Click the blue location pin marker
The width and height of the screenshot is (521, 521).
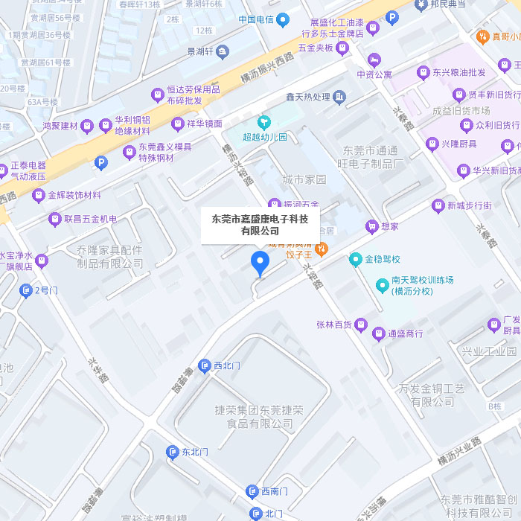click(x=260, y=263)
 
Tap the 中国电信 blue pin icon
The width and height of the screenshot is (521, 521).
click(x=283, y=20)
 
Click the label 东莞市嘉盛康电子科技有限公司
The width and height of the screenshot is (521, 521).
click(x=260, y=225)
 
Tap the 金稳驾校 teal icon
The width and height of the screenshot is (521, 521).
click(x=356, y=260)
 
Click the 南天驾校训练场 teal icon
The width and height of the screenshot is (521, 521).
click(x=382, y=285)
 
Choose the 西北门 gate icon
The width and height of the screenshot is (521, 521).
click(x=204, y=365)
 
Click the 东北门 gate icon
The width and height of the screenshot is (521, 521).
click(x=173, y=452)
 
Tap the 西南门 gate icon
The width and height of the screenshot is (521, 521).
click(x=252, y=491)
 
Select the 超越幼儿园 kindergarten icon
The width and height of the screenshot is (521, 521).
click(x=263, y=122)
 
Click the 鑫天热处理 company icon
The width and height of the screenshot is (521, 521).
click(x=339, y=97)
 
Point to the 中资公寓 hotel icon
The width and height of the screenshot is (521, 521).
click(x=374, y=59)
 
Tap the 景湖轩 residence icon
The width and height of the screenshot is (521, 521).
click(x=223, y=52)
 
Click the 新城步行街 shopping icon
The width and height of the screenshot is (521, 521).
click(x=438, y=205)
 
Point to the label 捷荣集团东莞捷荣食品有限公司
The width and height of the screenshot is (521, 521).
click(x=259, y=417)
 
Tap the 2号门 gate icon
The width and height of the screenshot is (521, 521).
click(x=26, y=290)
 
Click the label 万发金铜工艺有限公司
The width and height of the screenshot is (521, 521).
click(x=431, y=394)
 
